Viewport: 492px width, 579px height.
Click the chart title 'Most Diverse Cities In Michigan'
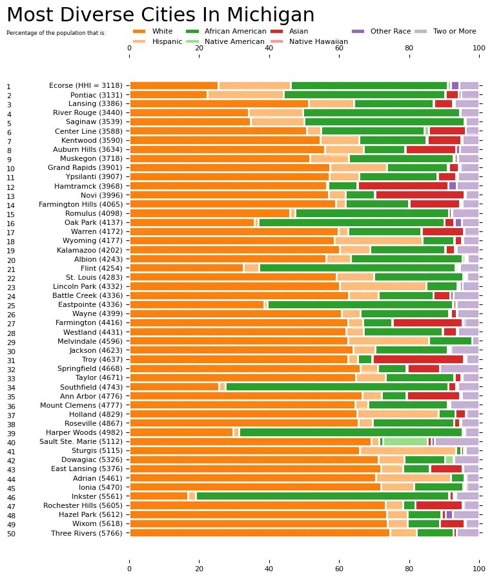[160, 15]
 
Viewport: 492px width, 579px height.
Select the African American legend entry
[225, 31]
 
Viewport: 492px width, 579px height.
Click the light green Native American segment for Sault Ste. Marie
[405, 442]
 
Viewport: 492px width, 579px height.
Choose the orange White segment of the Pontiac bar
[168, 94]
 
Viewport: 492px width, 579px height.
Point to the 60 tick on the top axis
[339, 47]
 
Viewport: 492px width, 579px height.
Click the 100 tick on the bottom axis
[478, 569]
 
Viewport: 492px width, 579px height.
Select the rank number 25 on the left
[9, 306]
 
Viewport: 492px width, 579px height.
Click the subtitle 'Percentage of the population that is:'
[56, 32]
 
